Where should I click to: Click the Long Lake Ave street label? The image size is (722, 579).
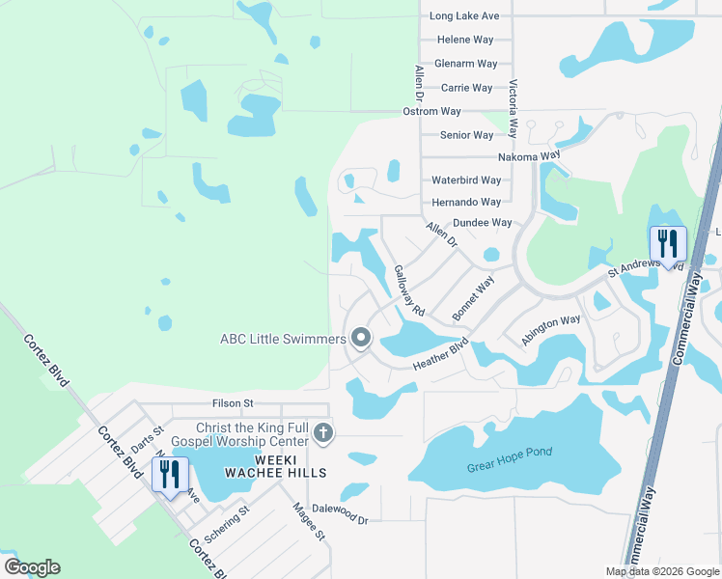coord(464,16)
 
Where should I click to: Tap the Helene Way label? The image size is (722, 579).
coord(465,40)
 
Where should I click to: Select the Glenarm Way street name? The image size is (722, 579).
coord(466,64)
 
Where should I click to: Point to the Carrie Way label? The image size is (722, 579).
coord(466,88)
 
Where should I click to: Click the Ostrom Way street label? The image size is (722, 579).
coord(433,112)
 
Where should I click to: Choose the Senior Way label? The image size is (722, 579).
coord(467,135)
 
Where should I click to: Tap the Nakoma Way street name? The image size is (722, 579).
coord(529,156)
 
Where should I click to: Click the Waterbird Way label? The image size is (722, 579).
coord(466,180)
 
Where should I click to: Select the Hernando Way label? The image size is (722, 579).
coord(466,203)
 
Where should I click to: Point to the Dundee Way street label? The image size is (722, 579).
coord(482,223)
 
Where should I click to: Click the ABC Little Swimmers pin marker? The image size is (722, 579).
coord(361,338)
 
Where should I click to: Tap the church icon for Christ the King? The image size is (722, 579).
coord(323,433)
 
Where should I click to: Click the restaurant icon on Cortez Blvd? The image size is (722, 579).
coord(170,475)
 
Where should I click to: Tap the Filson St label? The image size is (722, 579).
coord(232,403)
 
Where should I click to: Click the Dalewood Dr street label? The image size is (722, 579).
coord(337,519)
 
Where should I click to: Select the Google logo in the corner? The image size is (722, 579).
coord(32,567)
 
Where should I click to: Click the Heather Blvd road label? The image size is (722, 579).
coord(440,355)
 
